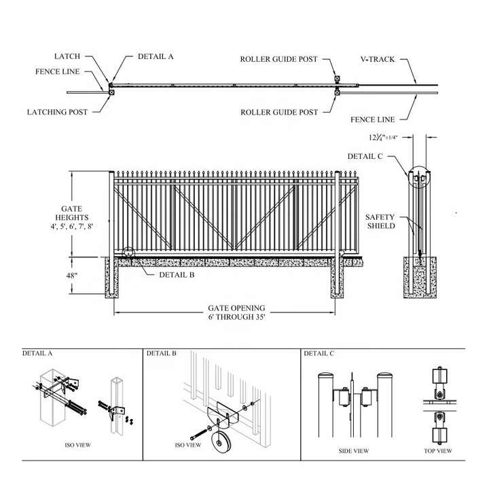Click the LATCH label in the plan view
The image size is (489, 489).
click(x=67, y=56)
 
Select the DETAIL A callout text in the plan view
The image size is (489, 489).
click(x=156, y=56)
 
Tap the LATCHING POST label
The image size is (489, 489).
click(x=57, y=112)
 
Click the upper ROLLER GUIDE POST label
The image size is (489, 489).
click(x=278, y=59)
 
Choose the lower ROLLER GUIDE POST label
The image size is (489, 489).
click(x=278, y=112)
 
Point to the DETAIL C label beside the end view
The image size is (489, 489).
click(x=365, y=156)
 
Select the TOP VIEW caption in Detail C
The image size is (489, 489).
click(x=437, y=451)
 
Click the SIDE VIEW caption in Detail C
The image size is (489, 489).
click(x=353, y=451)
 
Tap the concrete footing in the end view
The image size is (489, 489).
click(x=420, y=278)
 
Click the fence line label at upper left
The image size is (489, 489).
click(x=58, y=71)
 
